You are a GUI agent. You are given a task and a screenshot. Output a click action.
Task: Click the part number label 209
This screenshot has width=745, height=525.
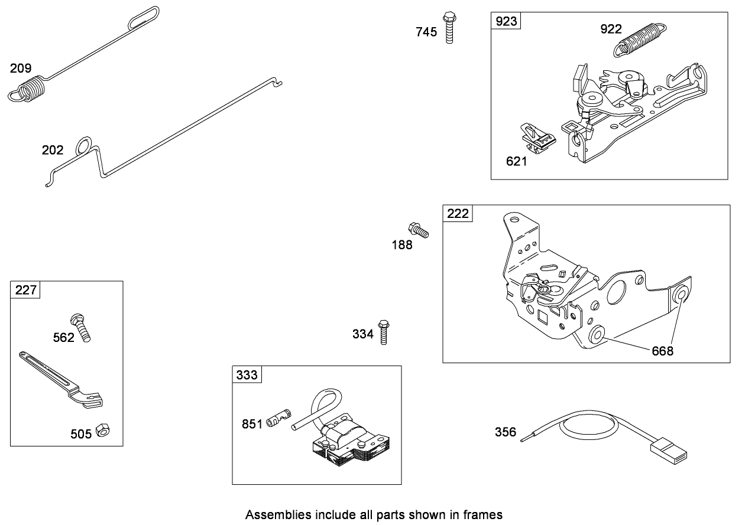[x=20, y=68]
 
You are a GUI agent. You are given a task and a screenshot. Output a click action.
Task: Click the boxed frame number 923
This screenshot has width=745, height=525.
[x=506, y=21]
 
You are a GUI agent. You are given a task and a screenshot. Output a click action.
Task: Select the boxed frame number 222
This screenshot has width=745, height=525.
[x=458, y=214]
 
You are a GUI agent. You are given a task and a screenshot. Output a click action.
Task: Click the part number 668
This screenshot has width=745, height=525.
[x=662, y=351]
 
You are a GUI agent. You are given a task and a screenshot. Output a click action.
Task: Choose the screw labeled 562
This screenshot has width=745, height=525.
[x=81, y=327]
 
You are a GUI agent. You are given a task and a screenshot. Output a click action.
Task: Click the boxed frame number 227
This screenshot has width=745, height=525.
[x=25, y=290]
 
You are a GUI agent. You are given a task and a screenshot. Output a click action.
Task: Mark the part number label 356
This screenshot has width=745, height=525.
[x=505, y=433]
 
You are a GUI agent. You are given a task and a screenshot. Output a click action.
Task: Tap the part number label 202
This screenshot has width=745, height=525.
[x=52, y=150]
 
